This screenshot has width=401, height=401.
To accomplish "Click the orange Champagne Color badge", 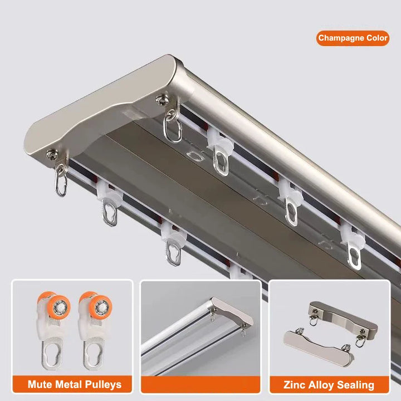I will coord(353,38).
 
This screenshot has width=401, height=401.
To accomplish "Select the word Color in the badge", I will coord(377,38).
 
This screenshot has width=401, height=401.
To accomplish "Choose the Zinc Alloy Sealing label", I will coord(329,384).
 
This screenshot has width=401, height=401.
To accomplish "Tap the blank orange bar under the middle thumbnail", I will coord(200,384).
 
